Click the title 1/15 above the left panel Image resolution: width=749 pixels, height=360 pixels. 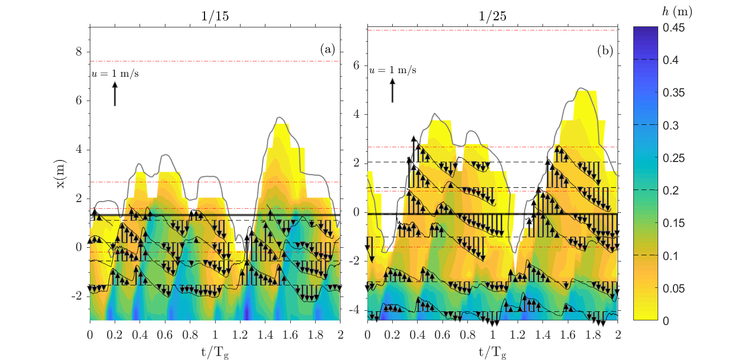point(215,16)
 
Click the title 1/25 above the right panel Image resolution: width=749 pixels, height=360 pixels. point(492,16)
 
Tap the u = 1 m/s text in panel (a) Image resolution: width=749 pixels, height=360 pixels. point(115,74)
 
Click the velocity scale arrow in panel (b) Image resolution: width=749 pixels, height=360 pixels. point(392,90)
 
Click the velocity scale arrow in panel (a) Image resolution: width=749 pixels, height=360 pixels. point(115,94)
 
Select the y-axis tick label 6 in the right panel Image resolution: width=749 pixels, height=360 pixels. point(357,66)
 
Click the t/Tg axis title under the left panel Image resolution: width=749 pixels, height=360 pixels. point(215,349)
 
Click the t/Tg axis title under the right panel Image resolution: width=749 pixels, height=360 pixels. point(492,349)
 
